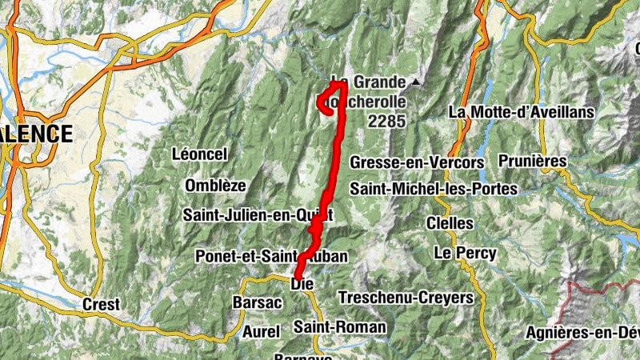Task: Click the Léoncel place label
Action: pos(200,154)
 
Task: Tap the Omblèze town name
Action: pos(215,185)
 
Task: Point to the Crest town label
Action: pos(102,304)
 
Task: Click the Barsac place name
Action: pos(256,302)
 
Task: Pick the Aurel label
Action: pos(262,330)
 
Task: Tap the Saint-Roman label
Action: pos(339,326)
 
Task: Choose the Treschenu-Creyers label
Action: pos(406,298)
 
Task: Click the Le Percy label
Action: pos(465,253)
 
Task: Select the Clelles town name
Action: pos(450,222)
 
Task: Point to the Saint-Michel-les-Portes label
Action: pos(434,189)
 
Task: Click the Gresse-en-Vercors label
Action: pos(417,162)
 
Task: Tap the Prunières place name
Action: pos(532,161)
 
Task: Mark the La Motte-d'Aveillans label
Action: pos(522,112)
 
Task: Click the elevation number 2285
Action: pos(387,122)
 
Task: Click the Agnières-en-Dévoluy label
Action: pos(583,332)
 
